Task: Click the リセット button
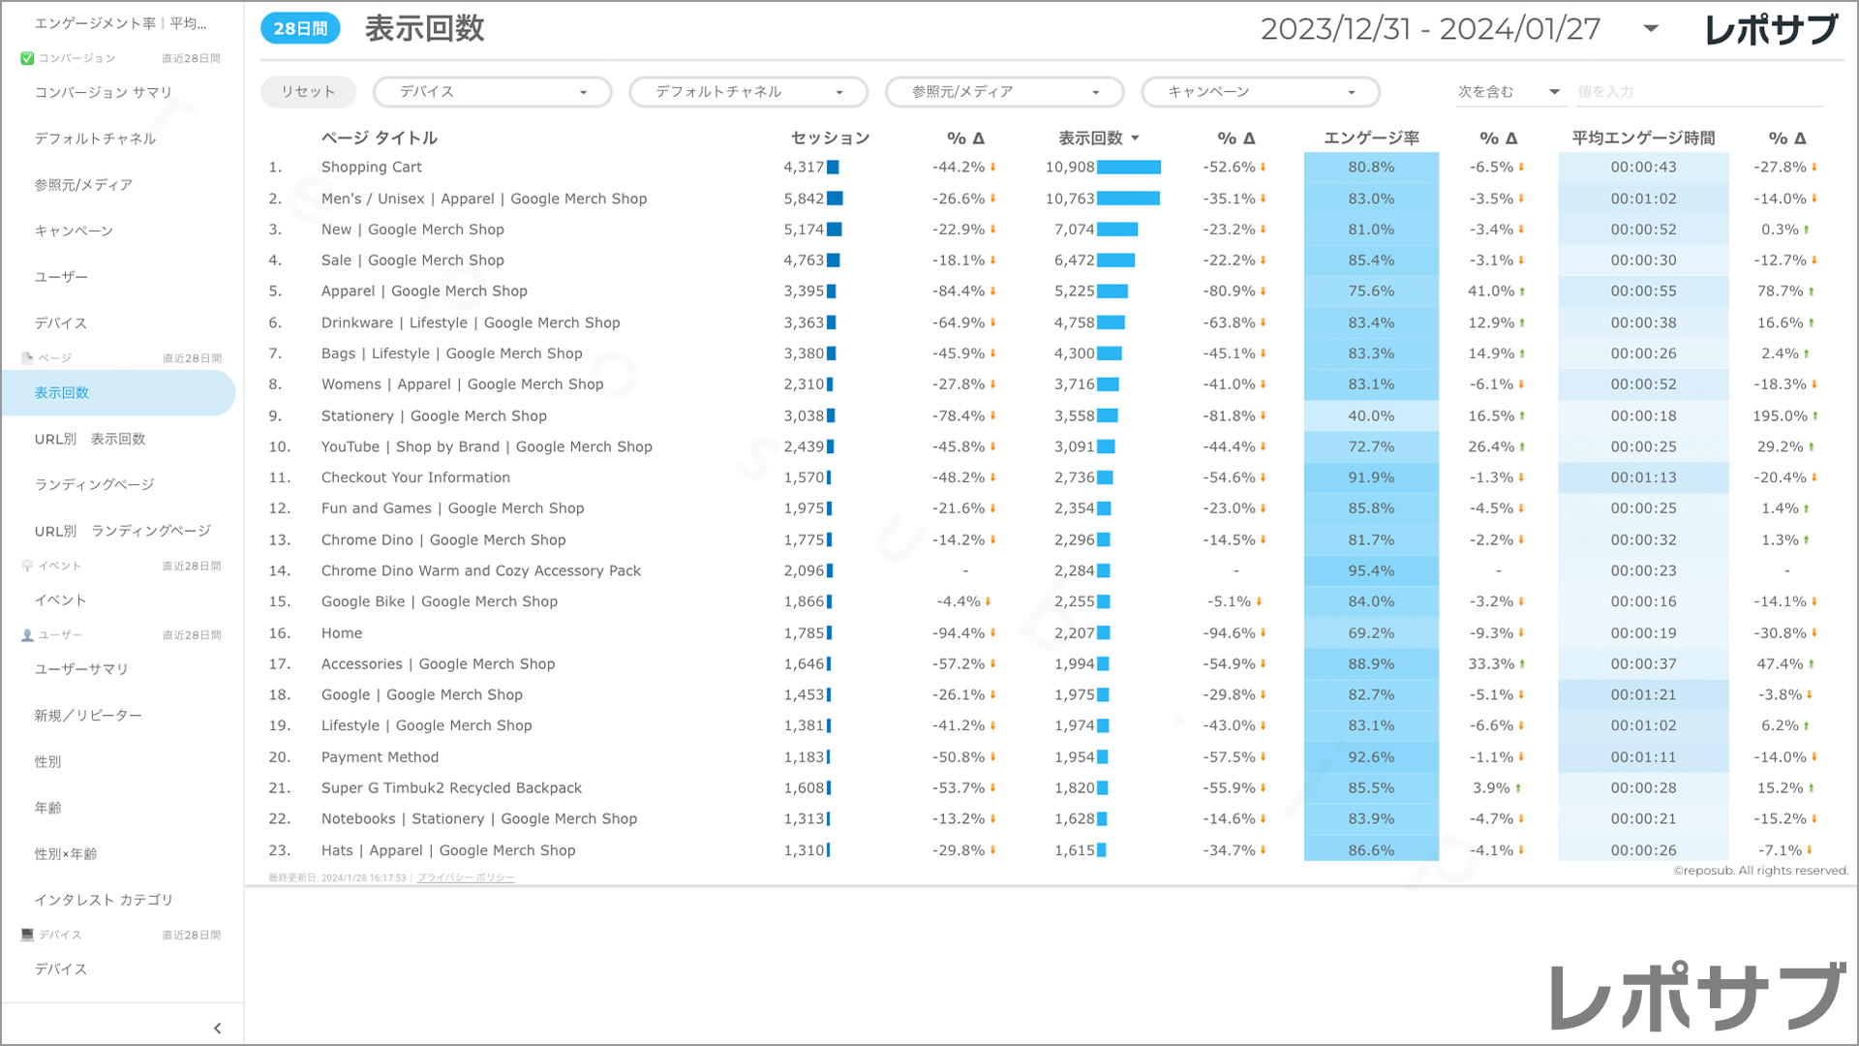click(x=308, y=92)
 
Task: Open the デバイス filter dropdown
click(x=492, y=92)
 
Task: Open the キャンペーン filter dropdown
click(x=1260, y=92)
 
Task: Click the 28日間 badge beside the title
click(x=300, y=29)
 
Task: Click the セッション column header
click(x=830, y=138)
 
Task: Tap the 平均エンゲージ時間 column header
click(x=1643, y=138)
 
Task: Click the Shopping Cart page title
click(x=372, y=168)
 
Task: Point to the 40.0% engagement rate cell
click(x=1371, y=416)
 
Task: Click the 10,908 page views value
click(x=1070, y=168)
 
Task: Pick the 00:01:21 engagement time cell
click(x=1643, y=695)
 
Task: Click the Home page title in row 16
click(x=342, y=633)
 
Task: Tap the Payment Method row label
click(x=380, y=757)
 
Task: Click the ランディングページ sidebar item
click(x=95, y=485)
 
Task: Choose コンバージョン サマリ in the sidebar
click(x=104, y=93)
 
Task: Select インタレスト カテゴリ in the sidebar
click(x=104, y=900)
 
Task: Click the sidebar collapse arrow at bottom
click(x=217, y=1029)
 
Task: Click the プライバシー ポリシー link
click(x=466, y=878)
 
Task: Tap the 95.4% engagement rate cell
click(x=1371, y=571)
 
